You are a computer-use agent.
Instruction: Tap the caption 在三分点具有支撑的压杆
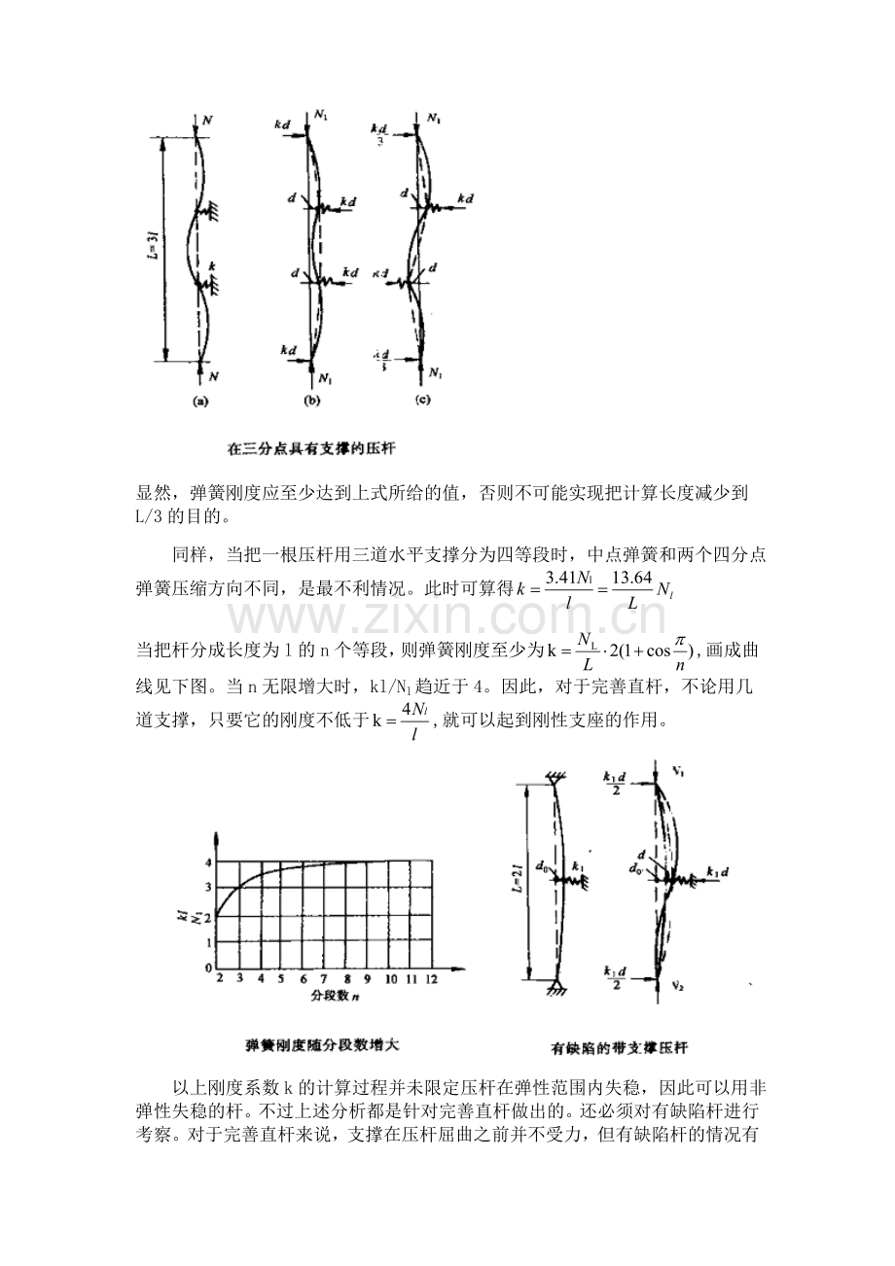click(x=310, y=449)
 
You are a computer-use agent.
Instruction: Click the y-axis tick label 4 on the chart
click(x=207, y=862)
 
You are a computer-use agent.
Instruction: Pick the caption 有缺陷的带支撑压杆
click(x=620, y=1049)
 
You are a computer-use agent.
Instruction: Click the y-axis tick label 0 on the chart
click(x=207, y=968)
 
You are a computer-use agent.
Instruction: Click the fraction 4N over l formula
click(x=415, y=722)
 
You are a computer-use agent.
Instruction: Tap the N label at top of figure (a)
click(x=207, y=118)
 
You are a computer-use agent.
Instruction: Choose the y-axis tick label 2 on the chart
click(x=207, y=915)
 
